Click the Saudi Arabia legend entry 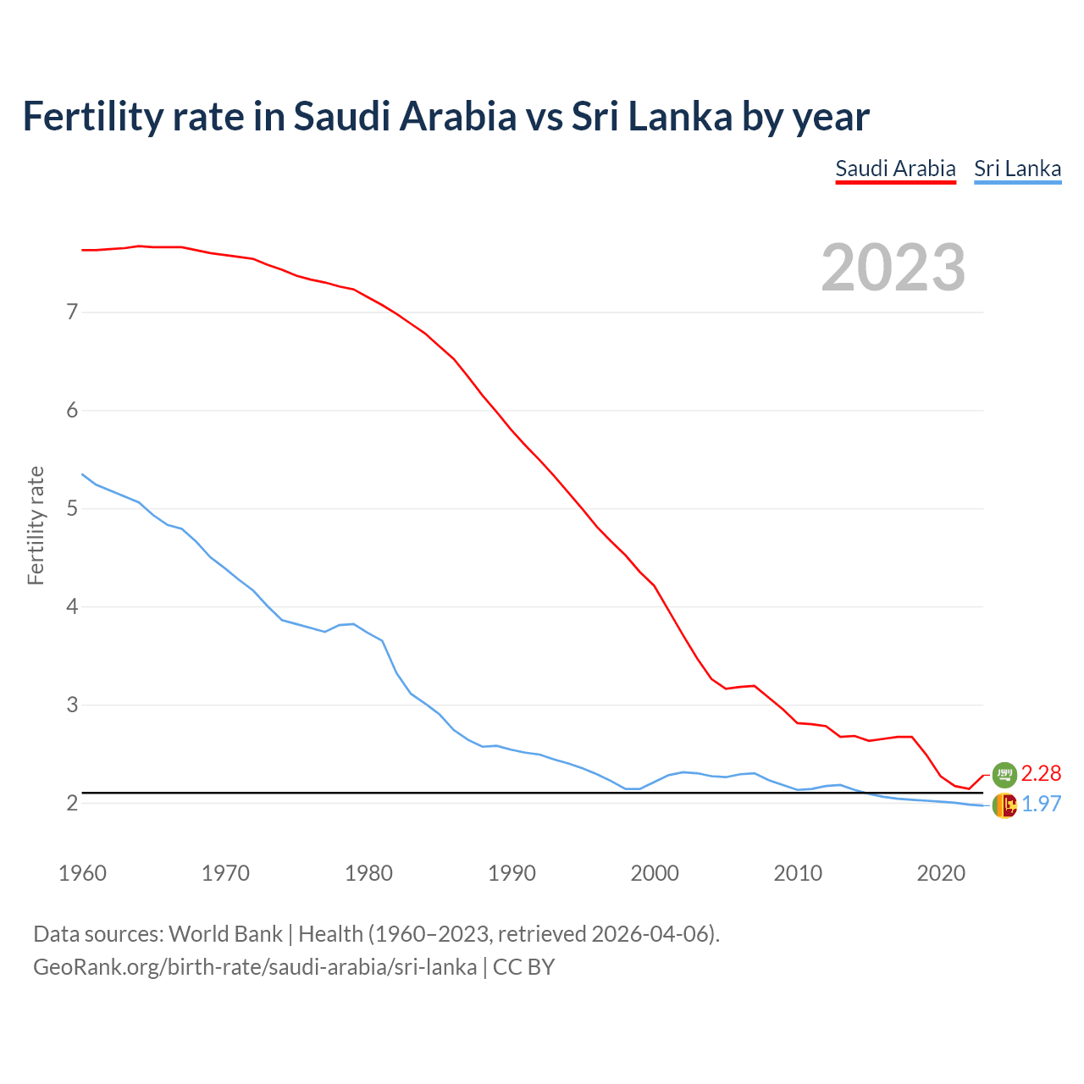895,169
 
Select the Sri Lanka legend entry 1017,169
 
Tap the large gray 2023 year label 893,268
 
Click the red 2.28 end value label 1041,773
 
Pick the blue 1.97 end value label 1041,805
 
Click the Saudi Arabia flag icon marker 1004,774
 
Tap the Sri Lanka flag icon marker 1004,805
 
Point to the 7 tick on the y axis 72,312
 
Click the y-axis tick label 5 72,509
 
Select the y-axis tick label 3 72,705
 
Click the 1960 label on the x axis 82,873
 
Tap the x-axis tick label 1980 368,873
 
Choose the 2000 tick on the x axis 655,873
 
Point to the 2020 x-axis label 941,873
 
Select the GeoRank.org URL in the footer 254,967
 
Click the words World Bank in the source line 225,934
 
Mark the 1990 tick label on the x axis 512,873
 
